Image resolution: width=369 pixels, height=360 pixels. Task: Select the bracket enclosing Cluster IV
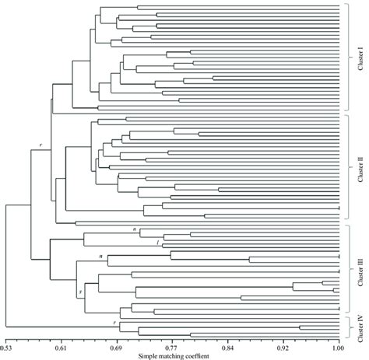347,330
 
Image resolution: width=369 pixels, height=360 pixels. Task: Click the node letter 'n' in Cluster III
133,229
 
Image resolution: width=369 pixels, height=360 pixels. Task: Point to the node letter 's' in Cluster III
80,291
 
